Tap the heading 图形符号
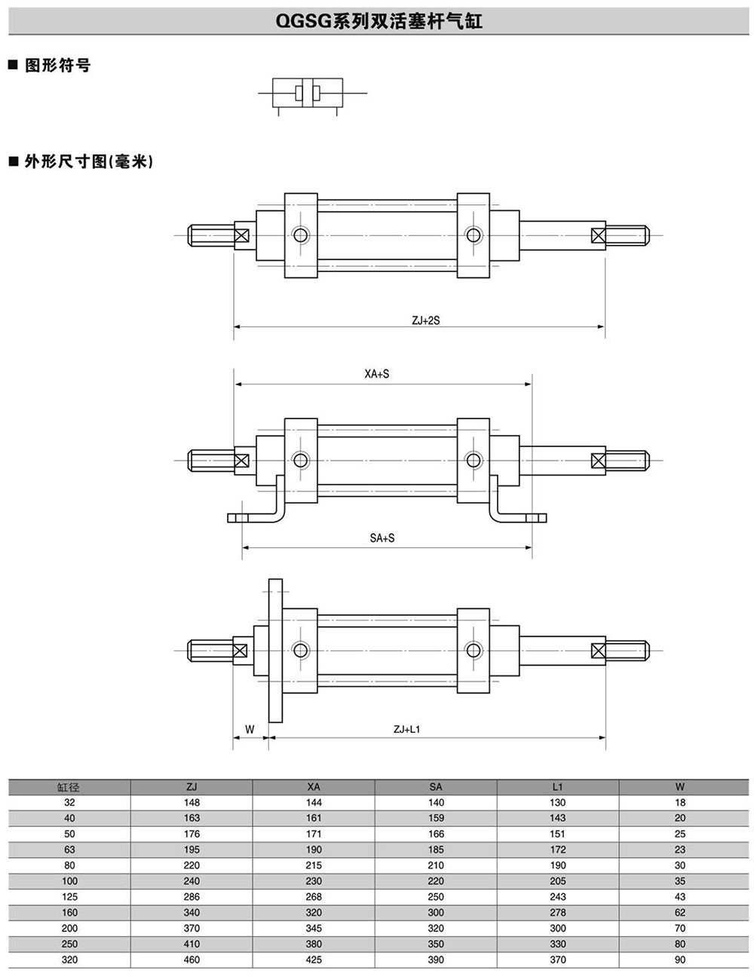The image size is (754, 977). [x=57, y=66]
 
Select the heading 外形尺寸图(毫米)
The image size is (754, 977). [x=87, y=161]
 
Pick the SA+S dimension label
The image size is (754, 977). [x=382, y=538]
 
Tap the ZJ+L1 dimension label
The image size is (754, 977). [x=406, y=729]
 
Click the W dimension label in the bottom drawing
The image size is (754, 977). [x=250, y=729]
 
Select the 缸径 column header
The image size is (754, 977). [x=69, y=787]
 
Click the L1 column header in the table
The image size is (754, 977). [x=557, y=787]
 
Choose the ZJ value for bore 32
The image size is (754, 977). [x=192, y=803]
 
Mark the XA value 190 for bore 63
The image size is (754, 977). [x=314, y=850]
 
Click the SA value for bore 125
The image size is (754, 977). [x=436, y=897]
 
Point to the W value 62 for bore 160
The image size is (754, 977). [x=680, y=912]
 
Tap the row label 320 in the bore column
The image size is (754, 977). [x=69, y=960]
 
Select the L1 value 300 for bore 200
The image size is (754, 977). [x=557, y=928]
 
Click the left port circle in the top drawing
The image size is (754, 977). [x=301, y=234]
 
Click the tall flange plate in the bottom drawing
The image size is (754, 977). [x=275, y=650]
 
